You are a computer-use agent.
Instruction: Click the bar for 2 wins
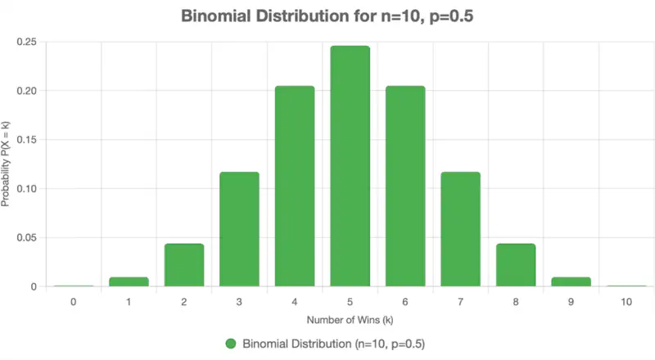pyautogui.click(x=184, y=265)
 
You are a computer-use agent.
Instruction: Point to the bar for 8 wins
pyautogui.click(x=516, y=265)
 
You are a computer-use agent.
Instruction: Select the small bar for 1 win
pyautogui.click(x=129, y=281)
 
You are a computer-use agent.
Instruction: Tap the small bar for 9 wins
pyautogui.click(x=571, y=281)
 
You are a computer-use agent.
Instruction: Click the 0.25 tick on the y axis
pyautogui.click(x=28, y=42)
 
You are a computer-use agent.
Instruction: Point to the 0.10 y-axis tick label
pyautogui.click(x=28, y=189)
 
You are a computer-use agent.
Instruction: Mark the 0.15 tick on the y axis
pyautogui.click(x=28, y=140)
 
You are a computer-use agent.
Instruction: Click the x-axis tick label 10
pyautogui.click(x=626, y=302)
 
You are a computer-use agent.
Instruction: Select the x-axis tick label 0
pyautogui.click(x=74, y=302)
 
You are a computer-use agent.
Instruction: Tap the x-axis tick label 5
pyautogui.click(x=350, y=302)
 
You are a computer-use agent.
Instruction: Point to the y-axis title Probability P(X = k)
pyautogui.click(x=7, y=164)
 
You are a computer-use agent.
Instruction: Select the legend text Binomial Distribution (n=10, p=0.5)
pyautogui.click(x=333, y=343)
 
